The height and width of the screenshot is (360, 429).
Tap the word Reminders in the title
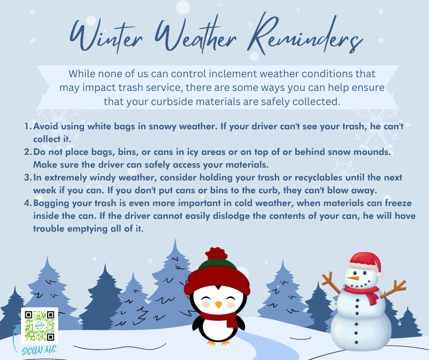tap(305, 34)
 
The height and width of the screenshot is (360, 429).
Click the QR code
tap(40, 325)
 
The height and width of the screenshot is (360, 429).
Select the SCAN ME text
tap(39, 350)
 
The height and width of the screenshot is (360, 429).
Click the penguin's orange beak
tap(218, 305)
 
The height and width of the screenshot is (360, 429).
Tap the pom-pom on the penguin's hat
tap(216, 254)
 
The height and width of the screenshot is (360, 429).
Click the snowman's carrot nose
tap(353, 278)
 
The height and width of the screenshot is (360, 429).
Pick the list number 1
tap(28, 126)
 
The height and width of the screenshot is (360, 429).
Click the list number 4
tap(28, 203)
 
